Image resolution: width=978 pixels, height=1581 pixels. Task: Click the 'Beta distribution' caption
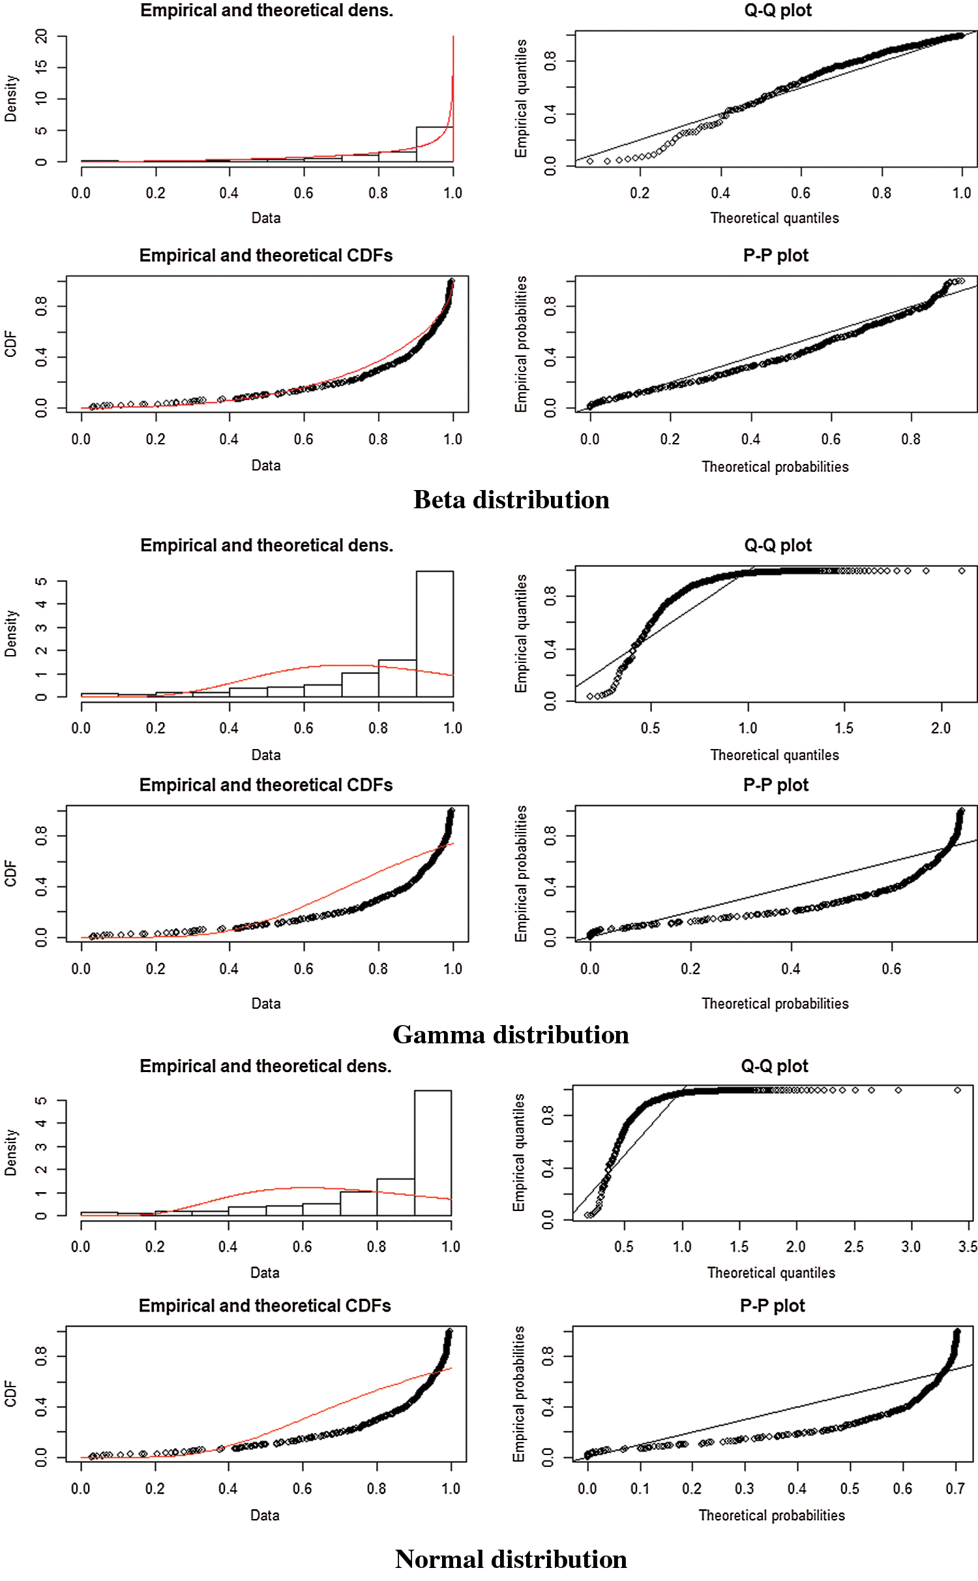tap(511, 500)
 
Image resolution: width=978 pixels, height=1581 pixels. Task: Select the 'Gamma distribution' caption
tap(511, 1035)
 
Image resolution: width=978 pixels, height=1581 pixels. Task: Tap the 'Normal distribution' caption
tap(511, 1559)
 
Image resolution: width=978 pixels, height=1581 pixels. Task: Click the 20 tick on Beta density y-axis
tap(42, 37)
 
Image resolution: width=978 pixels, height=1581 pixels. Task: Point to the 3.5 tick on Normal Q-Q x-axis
tap(968, 1247)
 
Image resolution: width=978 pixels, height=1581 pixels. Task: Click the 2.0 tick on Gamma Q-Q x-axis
tap(941, 728)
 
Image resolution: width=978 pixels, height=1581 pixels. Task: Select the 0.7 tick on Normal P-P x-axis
tap(955, 1488)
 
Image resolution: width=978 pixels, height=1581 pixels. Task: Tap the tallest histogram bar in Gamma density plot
tap(434, 633)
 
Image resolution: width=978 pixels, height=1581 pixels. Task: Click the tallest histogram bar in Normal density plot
tap(432, 1152)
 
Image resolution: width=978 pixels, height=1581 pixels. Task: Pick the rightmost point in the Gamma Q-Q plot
tap(962, 571)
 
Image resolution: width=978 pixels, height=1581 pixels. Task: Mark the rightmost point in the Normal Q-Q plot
tap(957, 1090)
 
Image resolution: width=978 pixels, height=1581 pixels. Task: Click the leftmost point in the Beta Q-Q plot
tap(590, 161)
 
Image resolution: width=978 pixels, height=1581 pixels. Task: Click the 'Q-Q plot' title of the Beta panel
tap(778, 10)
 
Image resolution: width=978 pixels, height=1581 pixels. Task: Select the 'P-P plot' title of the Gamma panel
tap(775, 785)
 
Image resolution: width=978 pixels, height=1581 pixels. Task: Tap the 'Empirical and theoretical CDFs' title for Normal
tap(265, 1306)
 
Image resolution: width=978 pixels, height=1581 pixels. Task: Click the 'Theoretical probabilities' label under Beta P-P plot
tap(775, 467)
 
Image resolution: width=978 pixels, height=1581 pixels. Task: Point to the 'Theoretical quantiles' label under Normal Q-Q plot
tap(771, 1272)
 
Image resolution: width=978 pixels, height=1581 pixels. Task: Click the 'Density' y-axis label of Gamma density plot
tap(10, 633)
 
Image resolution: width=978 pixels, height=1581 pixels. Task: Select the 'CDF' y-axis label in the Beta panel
tap(10, 344)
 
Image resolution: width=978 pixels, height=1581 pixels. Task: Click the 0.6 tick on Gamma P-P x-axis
tap(891, 969)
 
